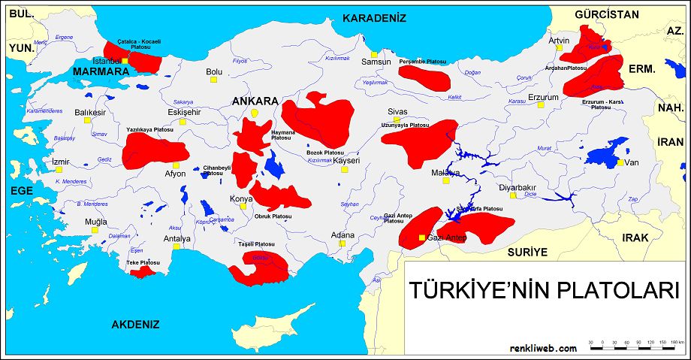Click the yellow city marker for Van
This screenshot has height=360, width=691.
[x=620, y=162]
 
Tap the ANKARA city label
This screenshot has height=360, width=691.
[x=255, y=101]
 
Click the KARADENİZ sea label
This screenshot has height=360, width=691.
[x=374, y=18]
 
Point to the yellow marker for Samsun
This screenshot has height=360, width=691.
[x=373, y=54]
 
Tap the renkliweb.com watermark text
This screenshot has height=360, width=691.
[x=543, y=348]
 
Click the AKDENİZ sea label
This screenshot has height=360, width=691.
[x=136, y=325]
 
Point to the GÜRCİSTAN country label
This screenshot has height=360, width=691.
[x=606, y=14]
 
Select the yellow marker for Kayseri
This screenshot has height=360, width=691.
[x=345, y=169]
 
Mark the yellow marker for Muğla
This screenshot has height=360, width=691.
[x=95, y=231]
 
